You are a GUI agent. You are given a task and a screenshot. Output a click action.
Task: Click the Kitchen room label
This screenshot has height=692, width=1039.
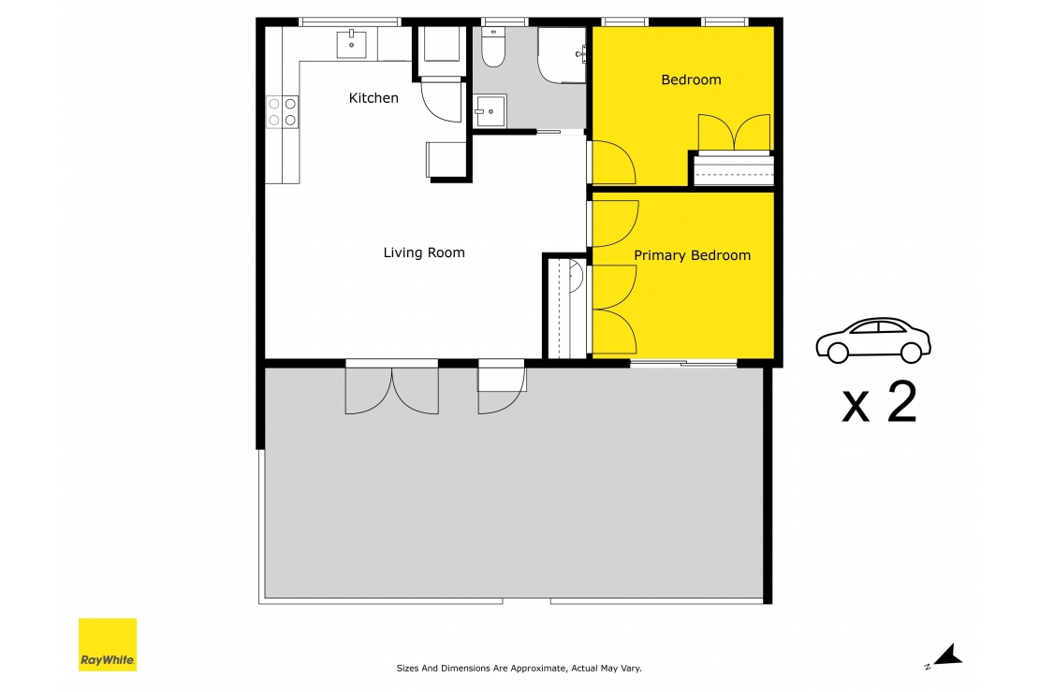(x=373, y=98)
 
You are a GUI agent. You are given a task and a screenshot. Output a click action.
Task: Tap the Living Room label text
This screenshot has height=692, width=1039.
(x=424, y=252)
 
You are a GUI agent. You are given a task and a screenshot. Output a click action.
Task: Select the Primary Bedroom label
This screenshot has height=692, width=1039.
(x=692, y=255)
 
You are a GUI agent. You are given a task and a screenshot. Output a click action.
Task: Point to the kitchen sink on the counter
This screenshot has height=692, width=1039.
(x=352, y=43)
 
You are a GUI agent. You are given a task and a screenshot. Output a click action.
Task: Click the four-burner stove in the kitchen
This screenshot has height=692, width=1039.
(x=283, y=112)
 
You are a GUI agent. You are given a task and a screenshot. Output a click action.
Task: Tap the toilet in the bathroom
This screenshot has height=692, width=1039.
(x=493, y=47)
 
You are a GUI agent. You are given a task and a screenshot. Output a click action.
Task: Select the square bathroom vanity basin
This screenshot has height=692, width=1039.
(x=490, y=111)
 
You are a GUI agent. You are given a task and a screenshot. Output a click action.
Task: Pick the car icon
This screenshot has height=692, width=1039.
(x=873, y=339)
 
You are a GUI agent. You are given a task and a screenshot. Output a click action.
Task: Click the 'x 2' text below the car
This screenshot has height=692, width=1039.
(x=879, y=403)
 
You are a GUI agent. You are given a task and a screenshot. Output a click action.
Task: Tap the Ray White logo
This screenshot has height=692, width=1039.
(x=108, y=644)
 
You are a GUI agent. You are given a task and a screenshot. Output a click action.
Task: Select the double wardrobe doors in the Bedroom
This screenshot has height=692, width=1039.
(x=734, y=134)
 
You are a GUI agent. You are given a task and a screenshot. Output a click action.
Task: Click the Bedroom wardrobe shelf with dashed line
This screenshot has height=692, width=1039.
(x=734, y=170)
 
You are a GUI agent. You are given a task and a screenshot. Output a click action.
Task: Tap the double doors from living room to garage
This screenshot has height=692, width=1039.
(x=392, y=389)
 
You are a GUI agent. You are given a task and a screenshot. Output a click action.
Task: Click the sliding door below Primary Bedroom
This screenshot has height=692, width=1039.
(x=683, y=364)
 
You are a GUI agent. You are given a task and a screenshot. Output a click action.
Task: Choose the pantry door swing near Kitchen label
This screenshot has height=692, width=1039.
(x=441, y=100)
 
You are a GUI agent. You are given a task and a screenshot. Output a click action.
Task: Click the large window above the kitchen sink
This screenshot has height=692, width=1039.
(x=350, y=22)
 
